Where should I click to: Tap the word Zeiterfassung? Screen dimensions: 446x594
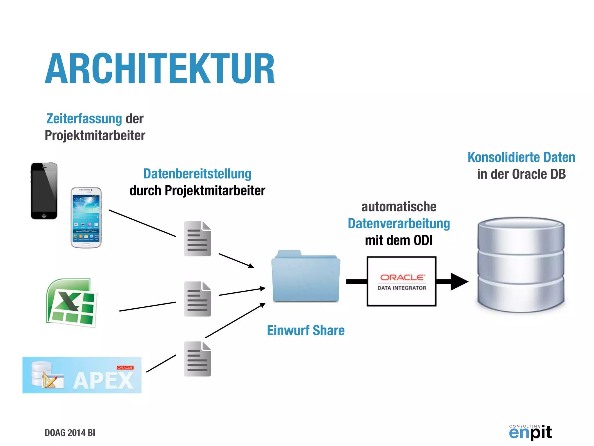(84, 119)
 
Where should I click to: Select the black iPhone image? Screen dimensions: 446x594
(44, 191)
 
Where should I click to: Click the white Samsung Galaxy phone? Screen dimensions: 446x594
(86, 218)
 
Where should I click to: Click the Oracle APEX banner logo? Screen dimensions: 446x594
(82, 375)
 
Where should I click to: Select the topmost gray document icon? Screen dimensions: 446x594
(197, 239)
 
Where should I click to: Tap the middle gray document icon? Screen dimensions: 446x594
(197, 299)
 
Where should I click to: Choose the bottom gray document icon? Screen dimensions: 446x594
(197, 359)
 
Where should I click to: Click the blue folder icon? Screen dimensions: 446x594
(306, 277)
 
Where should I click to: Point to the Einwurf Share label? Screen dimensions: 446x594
(306, 330)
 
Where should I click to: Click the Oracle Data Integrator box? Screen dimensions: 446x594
(401, 281)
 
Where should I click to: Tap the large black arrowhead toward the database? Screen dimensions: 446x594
(459, 281)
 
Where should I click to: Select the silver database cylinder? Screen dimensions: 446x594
(521, 265)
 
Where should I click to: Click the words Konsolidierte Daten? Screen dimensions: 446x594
(521, 157)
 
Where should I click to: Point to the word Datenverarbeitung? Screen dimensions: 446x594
(399, 224)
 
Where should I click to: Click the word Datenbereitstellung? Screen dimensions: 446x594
(197, 174)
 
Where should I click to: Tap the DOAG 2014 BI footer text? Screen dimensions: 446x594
(70, 433)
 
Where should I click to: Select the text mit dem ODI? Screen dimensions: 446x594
(399, 240)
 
